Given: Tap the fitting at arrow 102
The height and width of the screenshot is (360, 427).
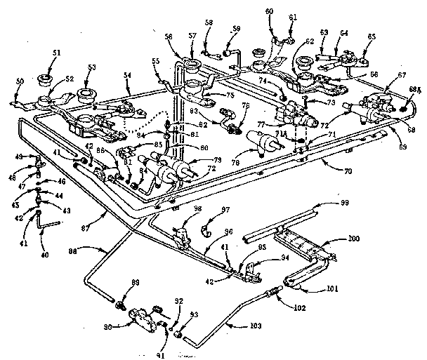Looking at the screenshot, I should pyautogui.click(x=270, y=291).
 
